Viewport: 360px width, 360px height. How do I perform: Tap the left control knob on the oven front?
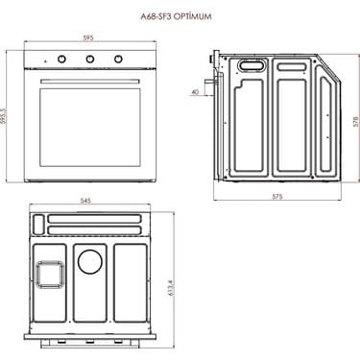64,60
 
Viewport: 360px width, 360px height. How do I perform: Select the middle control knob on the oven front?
92,60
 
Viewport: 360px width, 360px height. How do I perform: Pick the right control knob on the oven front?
119,60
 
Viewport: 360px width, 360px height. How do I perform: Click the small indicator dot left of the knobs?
43,60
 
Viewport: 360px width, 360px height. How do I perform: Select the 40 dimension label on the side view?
196,92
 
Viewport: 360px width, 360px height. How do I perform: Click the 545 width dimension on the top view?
85,202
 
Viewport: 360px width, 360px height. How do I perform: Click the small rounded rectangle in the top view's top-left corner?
37,224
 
